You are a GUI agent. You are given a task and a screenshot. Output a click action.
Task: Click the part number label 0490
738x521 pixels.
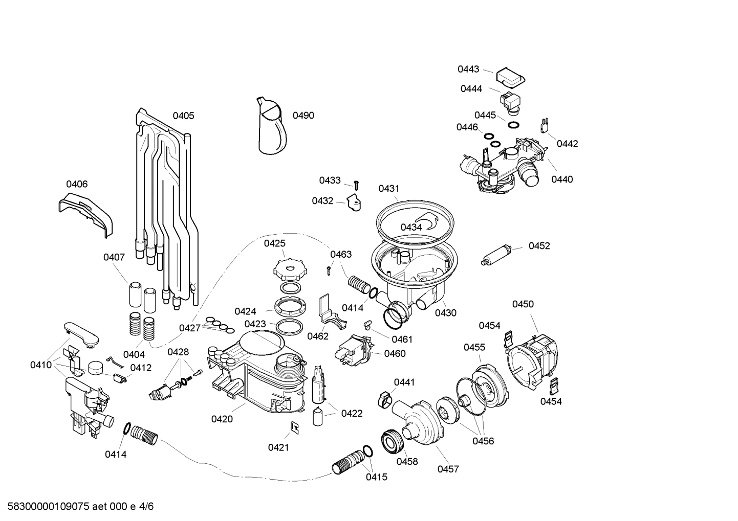(303, 116)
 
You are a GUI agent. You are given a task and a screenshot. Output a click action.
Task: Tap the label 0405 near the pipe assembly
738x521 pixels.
(183, 116)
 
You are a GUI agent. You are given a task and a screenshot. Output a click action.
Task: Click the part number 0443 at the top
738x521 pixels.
(468, 69)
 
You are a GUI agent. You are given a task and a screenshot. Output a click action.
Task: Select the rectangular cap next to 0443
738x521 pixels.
(510, 78)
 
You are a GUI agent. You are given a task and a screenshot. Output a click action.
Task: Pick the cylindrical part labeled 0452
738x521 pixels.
(498, 255)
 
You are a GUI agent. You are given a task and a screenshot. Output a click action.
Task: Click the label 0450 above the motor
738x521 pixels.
(523, 304)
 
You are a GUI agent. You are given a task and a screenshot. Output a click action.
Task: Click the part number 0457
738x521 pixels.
(448, 469)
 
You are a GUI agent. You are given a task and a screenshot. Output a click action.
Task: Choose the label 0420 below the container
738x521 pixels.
(222, 419)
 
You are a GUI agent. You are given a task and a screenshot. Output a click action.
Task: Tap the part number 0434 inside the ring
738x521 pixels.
(411, 227)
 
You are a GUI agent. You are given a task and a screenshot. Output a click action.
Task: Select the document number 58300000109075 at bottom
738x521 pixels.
(46, 507)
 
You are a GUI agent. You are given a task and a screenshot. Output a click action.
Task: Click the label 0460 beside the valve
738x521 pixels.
(395, 353)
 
